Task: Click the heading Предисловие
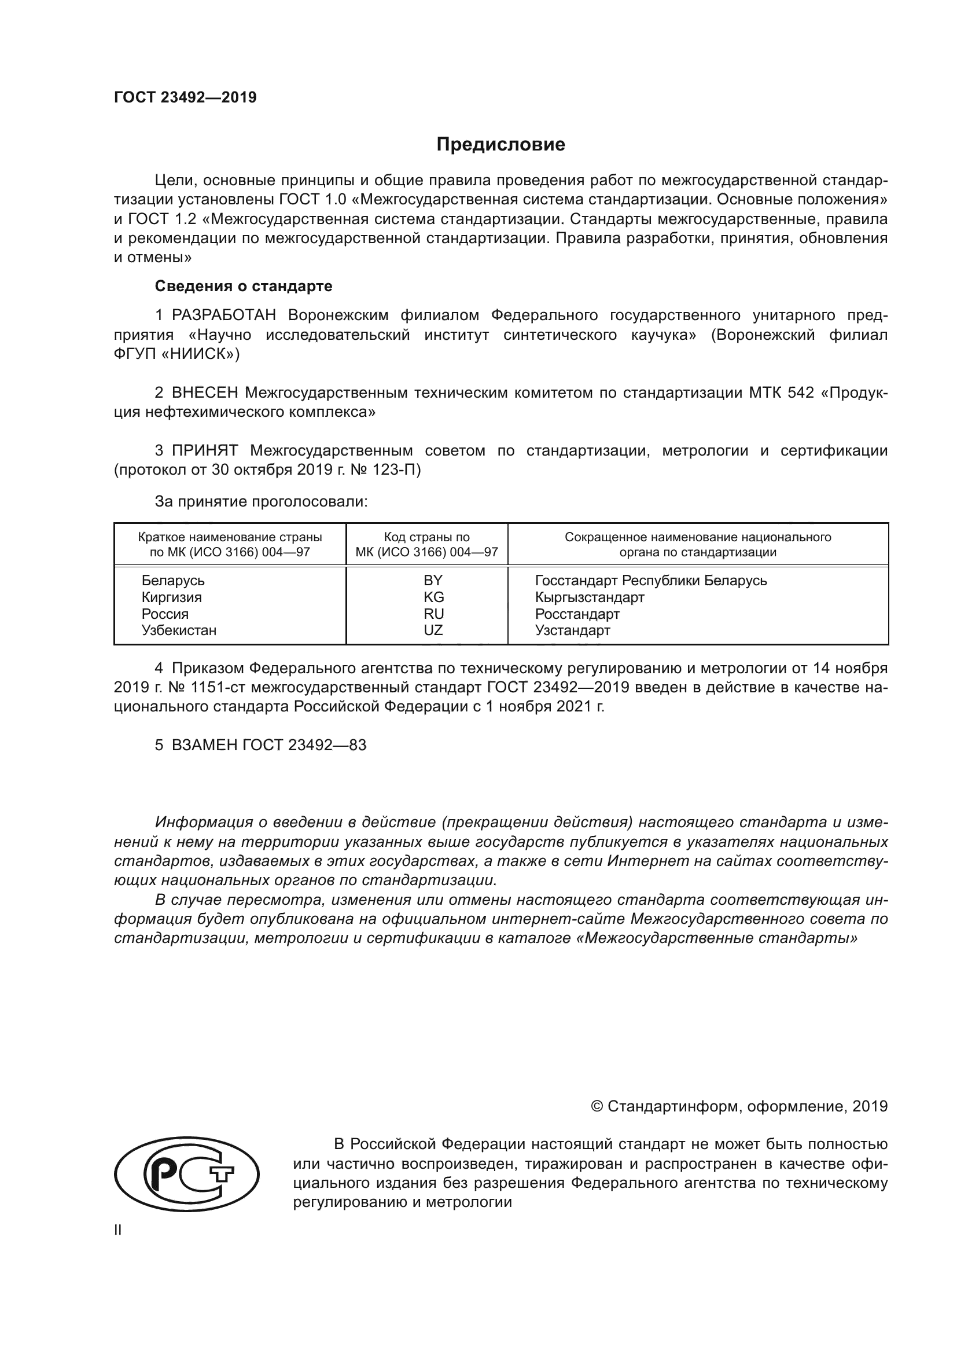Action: pyautogui.click(x=500, y=145)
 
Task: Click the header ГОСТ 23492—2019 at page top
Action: pyautogui.click(x=185, y=98)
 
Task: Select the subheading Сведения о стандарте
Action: pyautogui.click(x=244, y=286)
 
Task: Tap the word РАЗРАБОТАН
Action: pyautogui.click(x=224, y=315)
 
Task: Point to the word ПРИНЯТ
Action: pyautogui.click(x=205, y=451)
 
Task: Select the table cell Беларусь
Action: pyautogui.click(x=172, y=580)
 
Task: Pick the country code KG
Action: pyautogui.click(x=433, y=597)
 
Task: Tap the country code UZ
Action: pyautogui.click(x=433, y=630)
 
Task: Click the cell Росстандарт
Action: pyautogui.click(x=577, y=614)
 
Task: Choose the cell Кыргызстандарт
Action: pyautogui.click(x=589, y=597)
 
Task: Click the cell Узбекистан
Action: pyautogui.click(x=179, y=630)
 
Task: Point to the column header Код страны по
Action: pyautogui.click(x=426, y=537)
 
